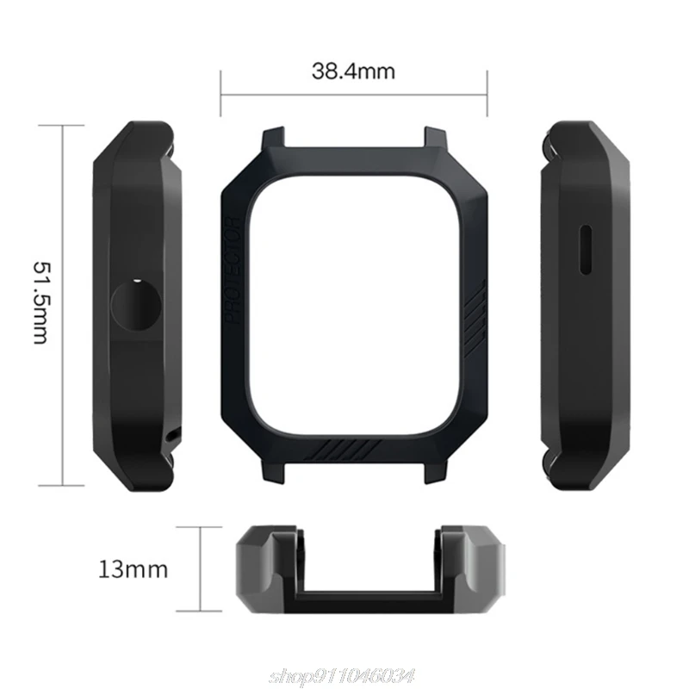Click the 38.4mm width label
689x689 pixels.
pos(353,71)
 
